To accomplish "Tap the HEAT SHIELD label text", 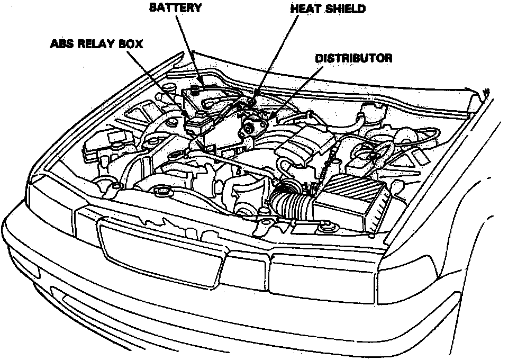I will point(328,10).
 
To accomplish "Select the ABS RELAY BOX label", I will point(97,43).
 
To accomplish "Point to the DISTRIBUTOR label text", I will point(353,58).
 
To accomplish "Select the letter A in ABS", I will point(55,43).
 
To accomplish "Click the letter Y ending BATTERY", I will point(197,8).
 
